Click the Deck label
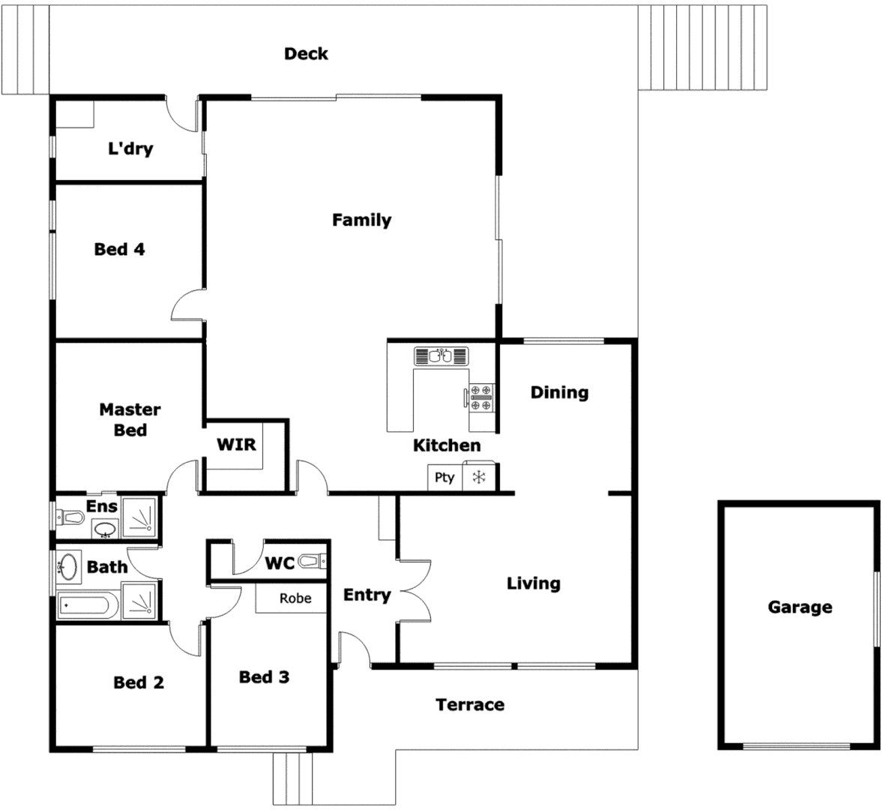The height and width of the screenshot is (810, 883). point(306,54)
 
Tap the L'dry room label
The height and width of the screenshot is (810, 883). point(130,148)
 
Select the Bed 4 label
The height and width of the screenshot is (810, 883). point(119,249)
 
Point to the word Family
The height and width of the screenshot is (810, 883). point(361,220)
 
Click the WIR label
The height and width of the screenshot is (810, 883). point(236,444)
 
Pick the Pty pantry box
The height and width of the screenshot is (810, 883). point(444,477)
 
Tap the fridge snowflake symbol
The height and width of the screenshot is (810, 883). point(478,477)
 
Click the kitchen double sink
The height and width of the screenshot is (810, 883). point(441,355)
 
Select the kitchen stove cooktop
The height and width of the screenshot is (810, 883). point(480,397)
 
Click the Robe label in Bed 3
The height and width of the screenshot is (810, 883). point(295,598)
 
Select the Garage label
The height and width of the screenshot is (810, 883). point(799,607)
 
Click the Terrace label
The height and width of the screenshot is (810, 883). point(470,704)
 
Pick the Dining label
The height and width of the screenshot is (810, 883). point(559,392)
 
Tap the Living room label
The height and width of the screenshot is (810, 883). point(533,583)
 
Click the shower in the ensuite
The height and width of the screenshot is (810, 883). point(140,517)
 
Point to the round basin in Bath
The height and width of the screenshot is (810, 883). point(68,566)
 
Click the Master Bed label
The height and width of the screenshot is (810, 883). point(130,419)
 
